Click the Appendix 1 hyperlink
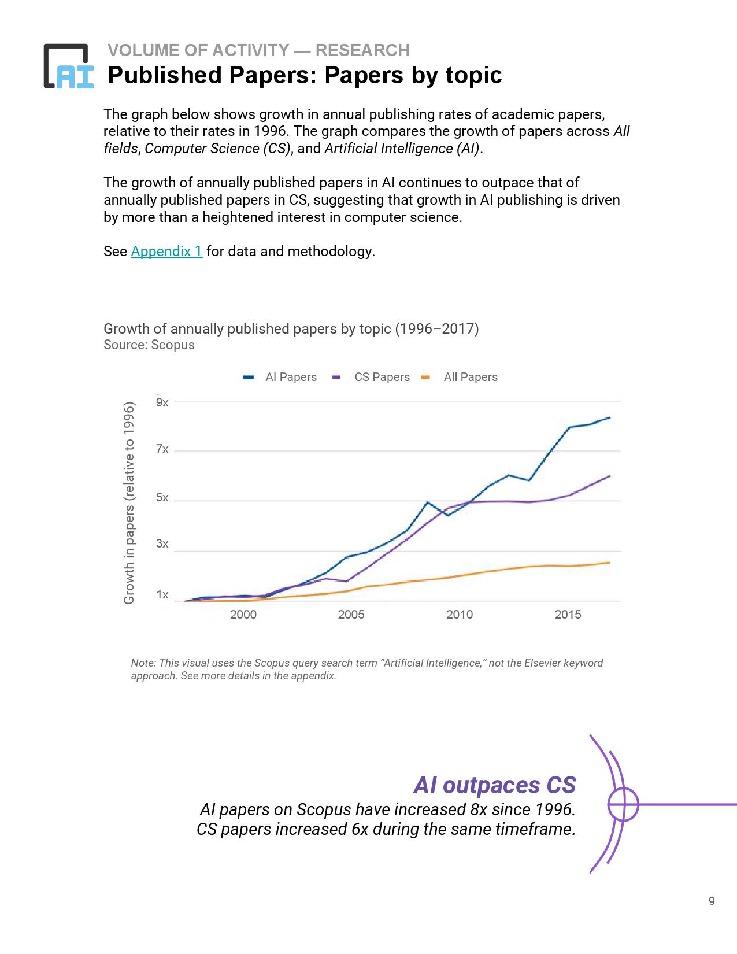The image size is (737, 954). click(166, 252)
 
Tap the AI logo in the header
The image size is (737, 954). click(69, 66)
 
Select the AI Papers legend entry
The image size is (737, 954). click(280, 377)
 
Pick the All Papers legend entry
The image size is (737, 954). click(461, 377)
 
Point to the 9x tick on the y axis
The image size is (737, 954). click(162, 402)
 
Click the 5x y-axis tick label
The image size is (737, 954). click(162, 498)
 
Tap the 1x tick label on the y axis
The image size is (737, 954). click(162, 594)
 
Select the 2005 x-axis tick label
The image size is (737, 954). click(351, 615)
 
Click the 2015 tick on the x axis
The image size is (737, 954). click(568, 615)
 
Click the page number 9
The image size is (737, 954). click(712, 901)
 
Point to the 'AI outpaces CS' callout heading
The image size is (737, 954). click(494, 785)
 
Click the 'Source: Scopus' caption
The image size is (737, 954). click(149, 345)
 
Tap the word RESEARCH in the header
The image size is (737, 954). click(362, 50)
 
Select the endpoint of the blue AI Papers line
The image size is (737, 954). click(609, 417)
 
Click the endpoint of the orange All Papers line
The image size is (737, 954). click(609, 563)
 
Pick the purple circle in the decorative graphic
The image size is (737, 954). click(623, 804)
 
